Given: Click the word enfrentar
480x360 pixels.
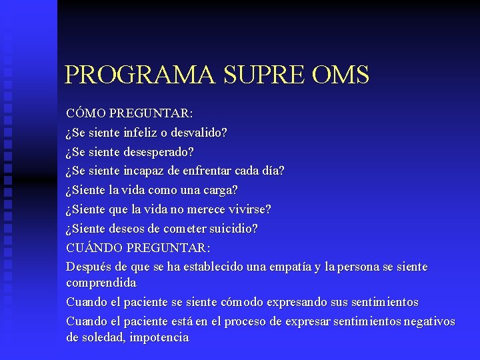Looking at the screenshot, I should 214,171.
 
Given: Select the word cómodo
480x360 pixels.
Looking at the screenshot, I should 239,302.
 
